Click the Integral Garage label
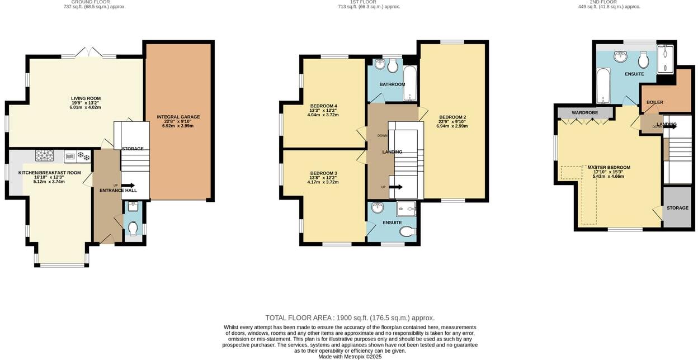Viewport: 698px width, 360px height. (x=178, y=117)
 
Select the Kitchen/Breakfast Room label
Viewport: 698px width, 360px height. (x=50, y=173)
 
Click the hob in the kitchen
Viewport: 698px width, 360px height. (x=44, y=156)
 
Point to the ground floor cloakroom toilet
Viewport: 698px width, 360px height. (x=133, y=229)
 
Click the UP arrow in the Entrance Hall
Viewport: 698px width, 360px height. (x=128, y=186)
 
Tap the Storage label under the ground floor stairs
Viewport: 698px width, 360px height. (x=133, y=149)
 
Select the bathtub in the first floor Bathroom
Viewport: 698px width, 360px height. (x=410, y=83)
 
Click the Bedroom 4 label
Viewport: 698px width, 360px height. (x=323, y=106)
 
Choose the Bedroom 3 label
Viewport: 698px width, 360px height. (x=323, y=173)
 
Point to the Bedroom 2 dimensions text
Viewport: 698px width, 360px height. (x=453, y=126)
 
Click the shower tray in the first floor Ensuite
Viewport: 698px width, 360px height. (x=407, y=209)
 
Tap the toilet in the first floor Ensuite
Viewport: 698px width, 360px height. (x=408, y=231)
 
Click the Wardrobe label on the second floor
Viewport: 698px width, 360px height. (x=584, y=112)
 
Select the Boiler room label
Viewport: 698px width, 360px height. (x=654, y=102)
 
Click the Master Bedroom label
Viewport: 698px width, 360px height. (x=609, y=167)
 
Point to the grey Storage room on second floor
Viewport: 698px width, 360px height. (x=677, y=208)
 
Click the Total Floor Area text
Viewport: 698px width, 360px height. (x=350, y=318)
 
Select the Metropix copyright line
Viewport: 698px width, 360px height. (x=350, y=356)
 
